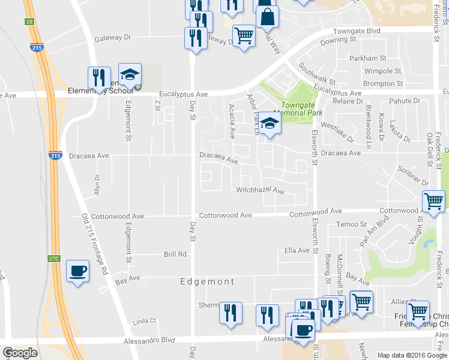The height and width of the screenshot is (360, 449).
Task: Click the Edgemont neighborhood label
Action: (x=207, y=281)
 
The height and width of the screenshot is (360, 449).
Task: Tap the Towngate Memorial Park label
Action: (x=298, y=109)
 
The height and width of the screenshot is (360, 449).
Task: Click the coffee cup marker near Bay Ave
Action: (x=77, y=272)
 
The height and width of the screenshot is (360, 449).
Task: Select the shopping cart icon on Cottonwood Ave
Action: (x=433, y=202)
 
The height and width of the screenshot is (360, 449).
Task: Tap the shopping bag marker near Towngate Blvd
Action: (x=267, y=17)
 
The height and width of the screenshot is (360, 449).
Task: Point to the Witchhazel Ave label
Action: (x=259, y=190)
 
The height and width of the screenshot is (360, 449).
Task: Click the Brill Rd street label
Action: (x=175, y=254)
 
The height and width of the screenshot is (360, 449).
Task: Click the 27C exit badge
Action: (x=54, y=259)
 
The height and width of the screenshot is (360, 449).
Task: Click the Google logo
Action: (x=20, y=353)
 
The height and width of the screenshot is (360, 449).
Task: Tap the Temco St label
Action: (x=351, y=224)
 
